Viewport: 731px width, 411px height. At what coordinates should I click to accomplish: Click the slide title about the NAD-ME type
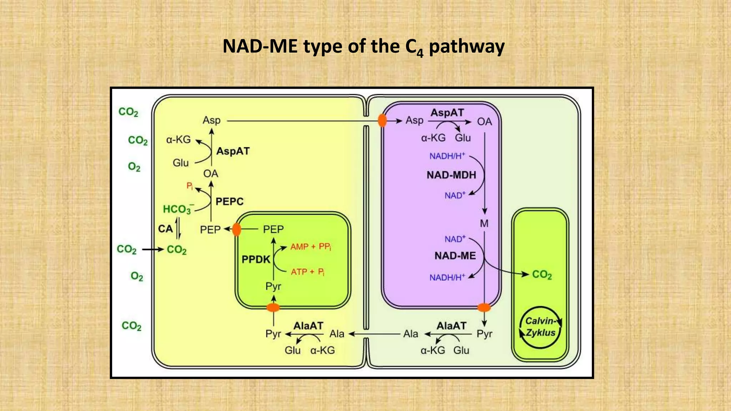tap(363, 47)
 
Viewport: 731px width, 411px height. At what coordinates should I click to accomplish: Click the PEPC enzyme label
tap(230, 202)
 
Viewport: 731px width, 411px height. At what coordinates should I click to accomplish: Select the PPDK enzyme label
tap(256, 259)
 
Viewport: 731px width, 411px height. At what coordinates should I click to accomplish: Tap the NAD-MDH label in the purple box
tap(451, 175)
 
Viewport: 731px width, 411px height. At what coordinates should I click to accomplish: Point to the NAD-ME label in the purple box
tap(455, 256)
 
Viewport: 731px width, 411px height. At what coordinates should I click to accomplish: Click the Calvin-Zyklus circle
tap(540, 327)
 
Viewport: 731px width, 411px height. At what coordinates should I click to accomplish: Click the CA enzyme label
tap(165, 229)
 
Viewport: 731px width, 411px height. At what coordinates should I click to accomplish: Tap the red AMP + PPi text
tap(311, 247)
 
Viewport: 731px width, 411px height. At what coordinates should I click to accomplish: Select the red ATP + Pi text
tap(307, 272)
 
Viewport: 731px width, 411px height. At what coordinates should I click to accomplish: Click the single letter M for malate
tap(484, 224)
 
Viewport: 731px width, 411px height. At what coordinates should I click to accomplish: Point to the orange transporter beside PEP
tap(236, 229)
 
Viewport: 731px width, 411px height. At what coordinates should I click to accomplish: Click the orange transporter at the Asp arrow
tap(382, 121)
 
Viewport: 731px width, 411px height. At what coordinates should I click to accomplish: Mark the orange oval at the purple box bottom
tap(484, 307)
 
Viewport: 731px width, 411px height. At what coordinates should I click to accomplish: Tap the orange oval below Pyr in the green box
tap(273, 307)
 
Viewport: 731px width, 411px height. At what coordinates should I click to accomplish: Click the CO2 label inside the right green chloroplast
tap(542, 275)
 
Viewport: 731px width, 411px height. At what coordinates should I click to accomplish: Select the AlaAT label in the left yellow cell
tap(308, 326)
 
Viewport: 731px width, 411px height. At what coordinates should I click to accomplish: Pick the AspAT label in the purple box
tap(447, 113)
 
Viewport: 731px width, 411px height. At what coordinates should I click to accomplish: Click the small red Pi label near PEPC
tap(190, 186)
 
